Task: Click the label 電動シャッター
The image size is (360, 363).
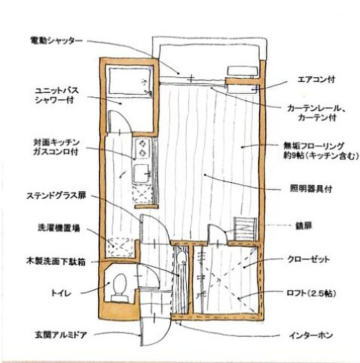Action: pyautogui.click(x=56, y=41)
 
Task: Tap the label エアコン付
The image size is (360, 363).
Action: pyautogui.click(x=316, y=80)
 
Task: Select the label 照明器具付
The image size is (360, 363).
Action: pyautogui.click(x=311, y=188)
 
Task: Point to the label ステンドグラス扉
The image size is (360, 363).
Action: pyautogui.click(x=56, y=196)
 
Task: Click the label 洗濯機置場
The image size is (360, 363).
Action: pyautogui.click(x=59, y=228)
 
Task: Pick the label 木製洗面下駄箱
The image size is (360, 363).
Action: pyautogui.click(x=56, y=262)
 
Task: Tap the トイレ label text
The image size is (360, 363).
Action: pyautogui.click(x=61, y=293)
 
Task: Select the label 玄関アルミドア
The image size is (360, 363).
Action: pyautogui.click(x=61, y=335)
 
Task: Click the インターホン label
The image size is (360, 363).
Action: pyautogui.click(x=311, y=335)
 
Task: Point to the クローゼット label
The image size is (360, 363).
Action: pyautogui.click(x=309, y=259)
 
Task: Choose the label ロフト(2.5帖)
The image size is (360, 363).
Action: pyautogui.click(x=311, y=293)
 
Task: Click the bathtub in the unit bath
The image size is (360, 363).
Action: pyautogui.click(x=130, y=81)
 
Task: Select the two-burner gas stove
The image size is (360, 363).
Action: pyautogui.click(x=142, y=148)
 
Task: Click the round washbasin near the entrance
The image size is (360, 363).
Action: pyautogui.click(x=182, y=257)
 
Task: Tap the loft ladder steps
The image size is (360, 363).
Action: pyautogui.click(x=245, y=229)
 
